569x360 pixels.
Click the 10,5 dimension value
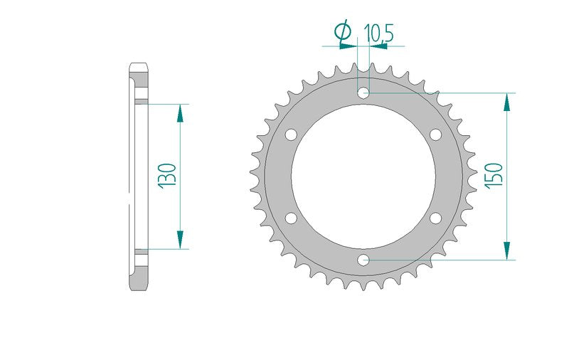point(378,33)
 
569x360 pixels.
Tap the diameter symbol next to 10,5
point(344,32)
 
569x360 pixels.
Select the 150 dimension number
point(494,176)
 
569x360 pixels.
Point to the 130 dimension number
point(167,176)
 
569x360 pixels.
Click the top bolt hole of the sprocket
point(363,93)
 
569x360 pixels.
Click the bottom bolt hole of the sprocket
point(363,260)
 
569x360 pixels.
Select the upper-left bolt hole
point(291,134)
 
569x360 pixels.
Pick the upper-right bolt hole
point(435,134)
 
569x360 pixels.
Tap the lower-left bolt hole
point(291,218)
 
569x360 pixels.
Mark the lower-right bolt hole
point(435,218)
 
